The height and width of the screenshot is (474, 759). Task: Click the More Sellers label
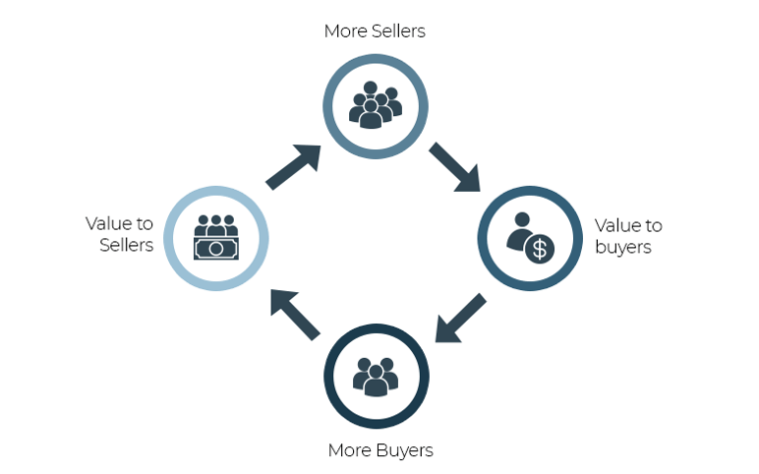click(x=375, y=31)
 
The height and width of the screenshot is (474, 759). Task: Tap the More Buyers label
click(x=379, y=450)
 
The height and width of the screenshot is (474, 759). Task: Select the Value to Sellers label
click(x=119, y=234)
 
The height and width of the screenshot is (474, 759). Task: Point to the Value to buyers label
click(x=628, y=236)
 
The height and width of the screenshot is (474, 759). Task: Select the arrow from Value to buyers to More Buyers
click(x=460, y=318)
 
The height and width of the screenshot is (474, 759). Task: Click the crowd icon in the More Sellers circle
click(x=375, y=103)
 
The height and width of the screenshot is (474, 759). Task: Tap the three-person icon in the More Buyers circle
click(x=375, y=376)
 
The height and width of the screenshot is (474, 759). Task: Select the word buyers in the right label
click(x=623, y=247)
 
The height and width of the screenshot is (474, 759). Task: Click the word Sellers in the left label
click(x=127, y=245)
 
